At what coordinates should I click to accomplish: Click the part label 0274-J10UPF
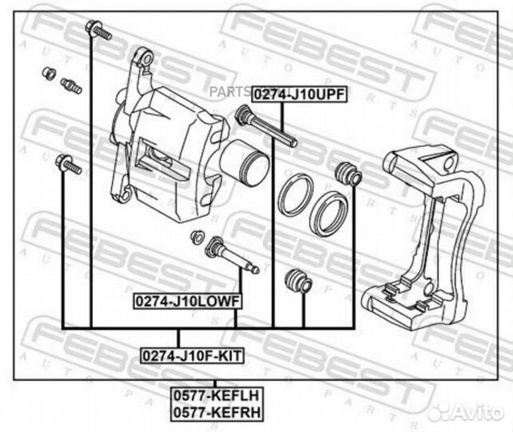299,94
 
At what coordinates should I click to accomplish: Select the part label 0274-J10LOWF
187,301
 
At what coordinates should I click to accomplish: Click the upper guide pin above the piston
266,129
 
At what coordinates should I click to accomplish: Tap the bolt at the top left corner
100,30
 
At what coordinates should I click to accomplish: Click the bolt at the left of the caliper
68,166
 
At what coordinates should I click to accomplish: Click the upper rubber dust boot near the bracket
348,173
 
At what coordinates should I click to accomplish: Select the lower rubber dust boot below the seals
296,281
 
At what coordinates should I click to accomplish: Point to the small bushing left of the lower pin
195,237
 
